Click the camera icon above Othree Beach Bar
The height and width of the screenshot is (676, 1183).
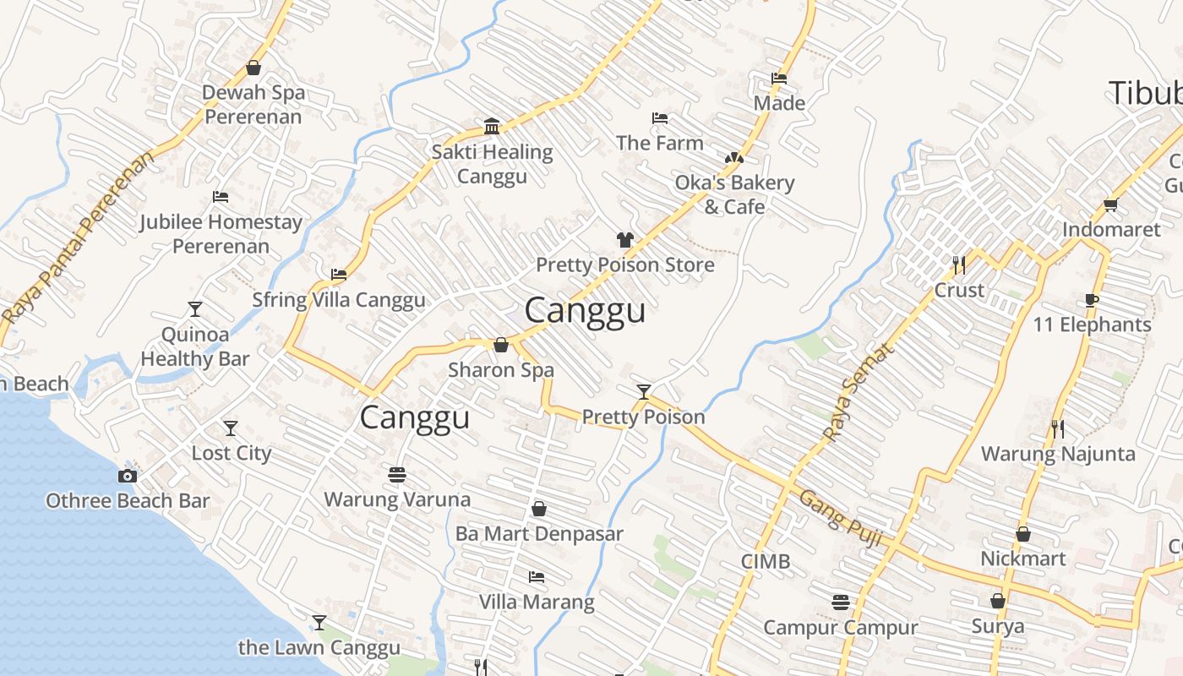[128, 476]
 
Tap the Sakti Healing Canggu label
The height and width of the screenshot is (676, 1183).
[492, 164]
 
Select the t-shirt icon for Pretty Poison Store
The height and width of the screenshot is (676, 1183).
[625, 240]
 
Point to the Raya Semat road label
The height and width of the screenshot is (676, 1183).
[858, 392]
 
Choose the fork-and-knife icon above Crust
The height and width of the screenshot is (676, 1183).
[958, 265]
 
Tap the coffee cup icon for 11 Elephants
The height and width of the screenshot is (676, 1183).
[1092, 300]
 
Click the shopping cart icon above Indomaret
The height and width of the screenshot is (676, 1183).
[1110, 204]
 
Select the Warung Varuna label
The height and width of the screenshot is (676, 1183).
[397, 499]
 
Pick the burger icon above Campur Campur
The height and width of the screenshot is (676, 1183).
[840, 602]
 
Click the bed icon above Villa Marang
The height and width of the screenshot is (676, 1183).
[537, 577]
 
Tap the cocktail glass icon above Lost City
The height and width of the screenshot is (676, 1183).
[230, 428]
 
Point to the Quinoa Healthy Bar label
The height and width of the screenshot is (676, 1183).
[195, 346]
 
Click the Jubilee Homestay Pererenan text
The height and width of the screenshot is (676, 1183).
[221, 234]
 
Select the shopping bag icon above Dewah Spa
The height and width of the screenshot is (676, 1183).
[253, 68]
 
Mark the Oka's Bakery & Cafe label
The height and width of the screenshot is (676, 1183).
[734, 194]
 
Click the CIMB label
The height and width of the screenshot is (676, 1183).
[766, 561]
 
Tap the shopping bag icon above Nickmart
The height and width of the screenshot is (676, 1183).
[1022, 534]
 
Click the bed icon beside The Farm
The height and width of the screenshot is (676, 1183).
[660, 118]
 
